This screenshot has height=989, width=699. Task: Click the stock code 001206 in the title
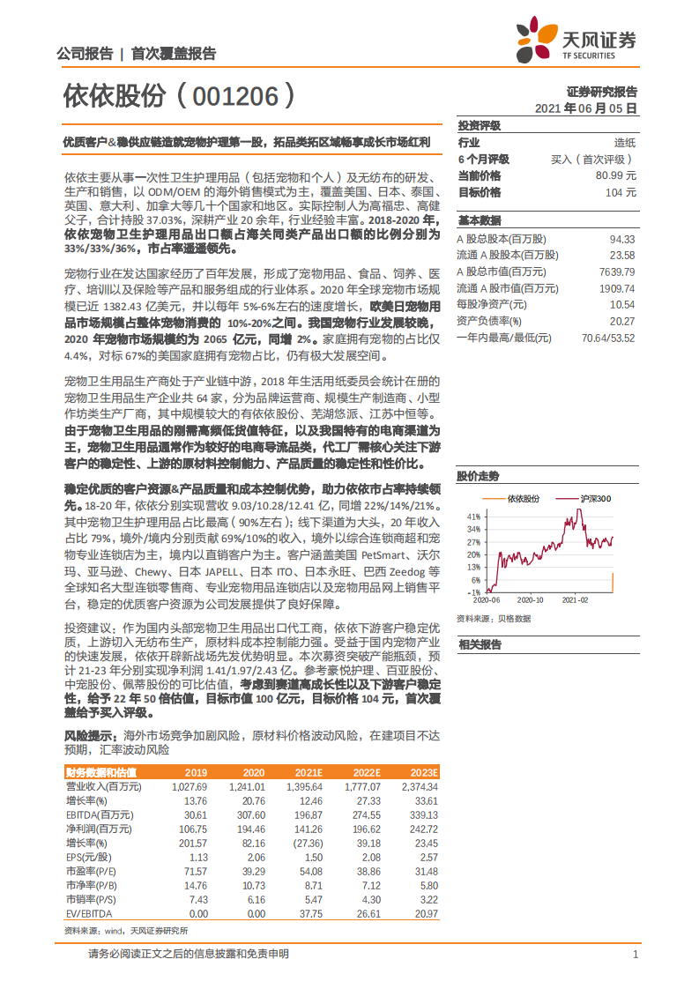coord(233,94)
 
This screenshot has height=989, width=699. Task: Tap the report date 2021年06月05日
coord(585,108)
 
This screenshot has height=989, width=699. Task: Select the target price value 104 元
coord(621,192)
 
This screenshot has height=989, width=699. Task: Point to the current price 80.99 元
coord(616,175)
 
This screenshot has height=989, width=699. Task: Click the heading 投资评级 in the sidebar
coord(479,126)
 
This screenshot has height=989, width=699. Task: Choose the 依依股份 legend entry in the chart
coord(524,499)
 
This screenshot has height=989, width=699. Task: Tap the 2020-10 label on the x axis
coord(530,599)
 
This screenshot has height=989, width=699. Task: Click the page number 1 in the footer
coord(635,954)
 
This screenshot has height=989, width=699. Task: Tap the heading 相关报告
coord(479,644)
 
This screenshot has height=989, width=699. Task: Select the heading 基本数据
coord(479,220)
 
